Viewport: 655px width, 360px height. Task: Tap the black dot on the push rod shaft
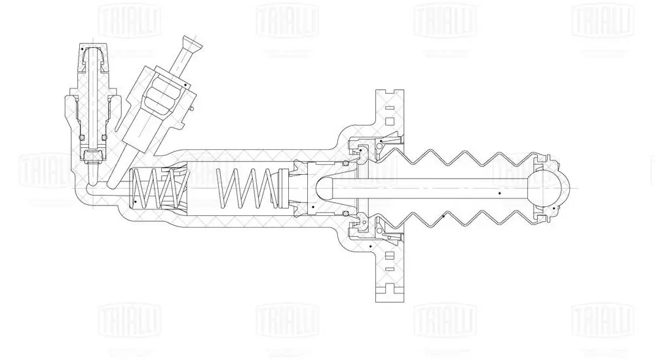[499, 194]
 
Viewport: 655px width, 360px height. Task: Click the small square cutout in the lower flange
[391, 268]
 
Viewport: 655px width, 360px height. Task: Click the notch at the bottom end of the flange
[391, 298]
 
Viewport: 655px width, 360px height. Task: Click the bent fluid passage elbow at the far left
[85, 194]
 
